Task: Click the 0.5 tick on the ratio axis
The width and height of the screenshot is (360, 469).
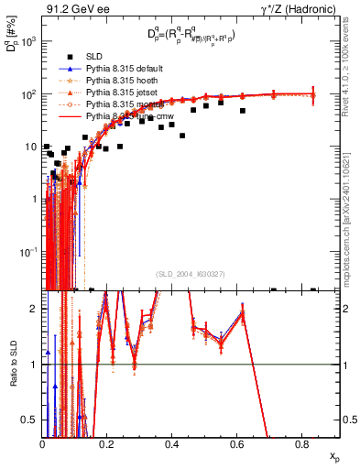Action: pyautogui.click(x=31, y=420)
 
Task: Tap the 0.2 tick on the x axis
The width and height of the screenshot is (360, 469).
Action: pyautogui.click(x=107, y=444)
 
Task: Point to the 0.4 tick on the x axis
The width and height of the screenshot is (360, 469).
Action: pyautogui.click(x=172, y=444)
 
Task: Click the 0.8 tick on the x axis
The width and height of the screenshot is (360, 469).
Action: pyautogui.click(x=301, y=444)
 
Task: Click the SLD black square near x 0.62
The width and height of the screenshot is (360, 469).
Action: pyautogui.click(x=243, y=111)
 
